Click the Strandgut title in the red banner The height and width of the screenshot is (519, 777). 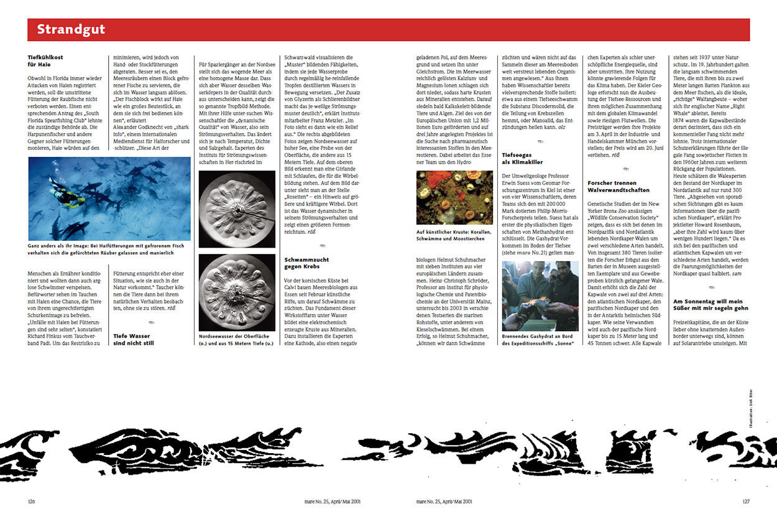click(71, 29)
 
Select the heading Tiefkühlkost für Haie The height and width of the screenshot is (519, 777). click(45, 60)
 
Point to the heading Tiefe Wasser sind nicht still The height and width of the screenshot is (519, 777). click(131, 339)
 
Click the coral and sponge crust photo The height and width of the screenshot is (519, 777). click(454, 197)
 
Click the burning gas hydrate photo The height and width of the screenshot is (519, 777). click(540, 296)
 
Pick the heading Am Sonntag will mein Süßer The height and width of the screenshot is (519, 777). click(709, 304)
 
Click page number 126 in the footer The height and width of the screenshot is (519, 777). click(32, 500)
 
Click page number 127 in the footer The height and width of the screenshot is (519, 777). click(746, 500)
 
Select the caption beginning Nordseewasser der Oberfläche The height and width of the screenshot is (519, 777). click(236, 339)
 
